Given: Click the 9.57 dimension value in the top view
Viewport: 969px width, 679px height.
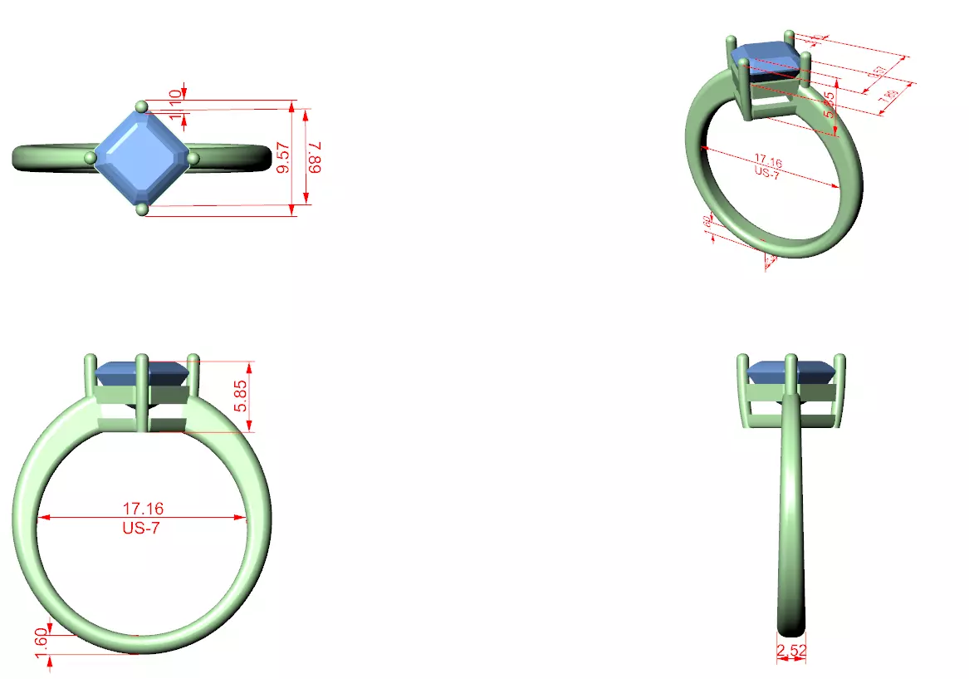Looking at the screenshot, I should coord(284,157).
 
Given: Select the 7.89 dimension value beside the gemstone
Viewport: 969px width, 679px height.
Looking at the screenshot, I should coord(314,157).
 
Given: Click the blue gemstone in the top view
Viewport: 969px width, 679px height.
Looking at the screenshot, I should coord(141,158).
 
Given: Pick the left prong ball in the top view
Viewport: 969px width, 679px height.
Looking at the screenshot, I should coord(91,158).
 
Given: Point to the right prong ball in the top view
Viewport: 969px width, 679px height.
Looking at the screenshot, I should coord(193,158).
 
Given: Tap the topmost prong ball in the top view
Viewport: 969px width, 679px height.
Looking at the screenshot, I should coord(142,106).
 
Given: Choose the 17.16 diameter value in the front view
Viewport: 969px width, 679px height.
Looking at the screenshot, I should coord(141,508).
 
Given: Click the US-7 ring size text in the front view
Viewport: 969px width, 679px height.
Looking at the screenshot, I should coord(141,528).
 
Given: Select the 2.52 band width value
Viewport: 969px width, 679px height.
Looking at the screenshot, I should coord(790,650).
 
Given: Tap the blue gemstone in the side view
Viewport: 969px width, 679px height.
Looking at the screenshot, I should coord(791,372).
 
